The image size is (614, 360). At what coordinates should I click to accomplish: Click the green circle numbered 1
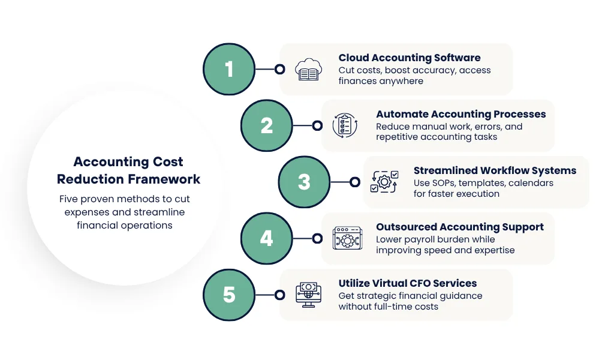pos(229,69)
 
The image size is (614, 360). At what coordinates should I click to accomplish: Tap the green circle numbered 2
pos(267,125)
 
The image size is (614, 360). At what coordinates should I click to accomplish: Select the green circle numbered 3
pos(304,182)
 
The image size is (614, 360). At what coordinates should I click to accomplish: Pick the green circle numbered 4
pos(267,238)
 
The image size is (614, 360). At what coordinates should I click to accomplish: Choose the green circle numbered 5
pos(229,295)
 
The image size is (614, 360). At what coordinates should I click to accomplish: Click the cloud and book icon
pos(309,69)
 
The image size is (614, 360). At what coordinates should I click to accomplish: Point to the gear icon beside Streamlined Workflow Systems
pos(384,182)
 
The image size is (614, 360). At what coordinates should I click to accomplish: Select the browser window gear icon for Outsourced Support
pos(346,238)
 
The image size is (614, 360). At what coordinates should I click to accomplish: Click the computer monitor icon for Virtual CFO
pos(309,295)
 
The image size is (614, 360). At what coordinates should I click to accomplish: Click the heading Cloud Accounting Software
pos(410,58)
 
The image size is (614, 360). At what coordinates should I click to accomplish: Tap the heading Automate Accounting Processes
pos(460,114)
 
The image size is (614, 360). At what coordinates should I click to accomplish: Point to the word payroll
pos(420,239)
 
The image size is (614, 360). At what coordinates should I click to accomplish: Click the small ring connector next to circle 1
pos(279,69)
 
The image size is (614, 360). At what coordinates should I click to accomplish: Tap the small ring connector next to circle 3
pos(354,182)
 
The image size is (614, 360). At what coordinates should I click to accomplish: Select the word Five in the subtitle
pos(69,199)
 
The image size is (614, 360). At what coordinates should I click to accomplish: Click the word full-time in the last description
pos(397,307)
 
